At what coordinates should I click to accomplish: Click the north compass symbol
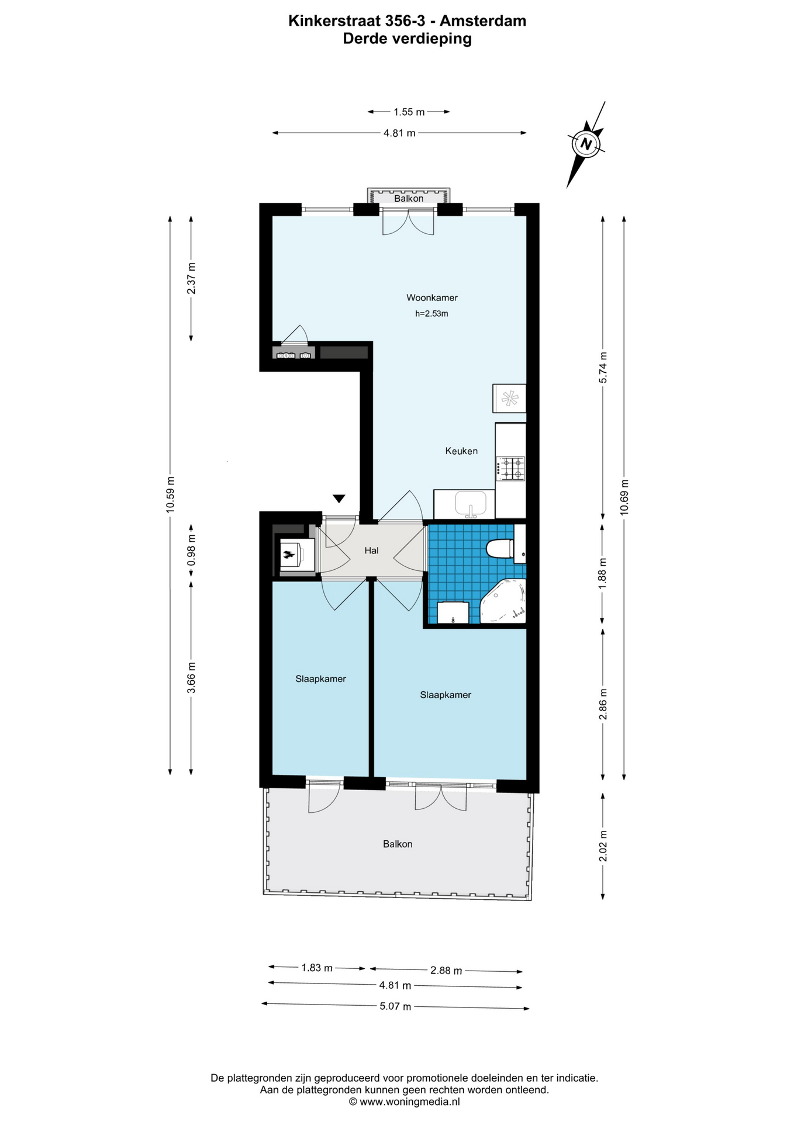(586, 144)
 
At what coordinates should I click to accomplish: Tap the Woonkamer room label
(432, 298)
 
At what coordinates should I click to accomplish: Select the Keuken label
(461, 451)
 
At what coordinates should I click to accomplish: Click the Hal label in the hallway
(371, 550)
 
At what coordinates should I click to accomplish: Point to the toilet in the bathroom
(500, 549)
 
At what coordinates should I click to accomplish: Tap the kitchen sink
(471, 504)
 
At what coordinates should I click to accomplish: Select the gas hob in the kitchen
(511, 469)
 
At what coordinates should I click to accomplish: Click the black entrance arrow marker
(339, 498)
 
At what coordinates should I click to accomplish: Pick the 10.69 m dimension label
(624, 497)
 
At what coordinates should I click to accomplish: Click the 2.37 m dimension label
(191, 279)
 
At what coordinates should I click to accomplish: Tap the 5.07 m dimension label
(396, 1006)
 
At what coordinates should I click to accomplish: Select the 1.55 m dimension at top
(409, 112)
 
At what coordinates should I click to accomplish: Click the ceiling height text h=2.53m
(431, 314)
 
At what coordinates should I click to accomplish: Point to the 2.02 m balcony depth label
(603, 846)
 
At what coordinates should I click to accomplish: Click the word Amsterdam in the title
(483, 21)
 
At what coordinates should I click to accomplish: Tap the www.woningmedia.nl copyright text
(405, 1102)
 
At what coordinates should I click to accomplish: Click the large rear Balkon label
(398, 844)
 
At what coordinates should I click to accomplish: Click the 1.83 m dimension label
(317, 968)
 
